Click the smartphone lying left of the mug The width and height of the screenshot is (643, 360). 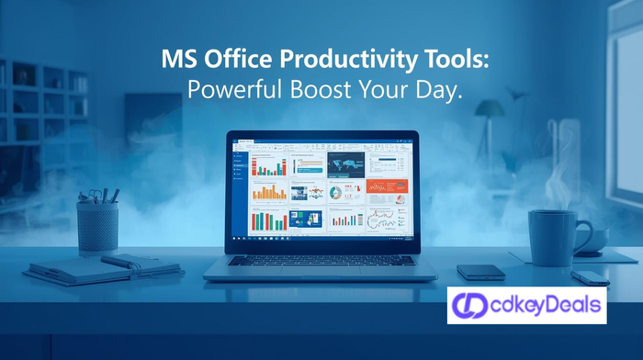coord(481,272)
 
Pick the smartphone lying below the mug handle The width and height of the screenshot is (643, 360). coord(589,276)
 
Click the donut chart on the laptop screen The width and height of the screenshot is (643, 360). coord(335,193)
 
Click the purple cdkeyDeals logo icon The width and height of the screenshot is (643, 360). coord(471,304)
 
